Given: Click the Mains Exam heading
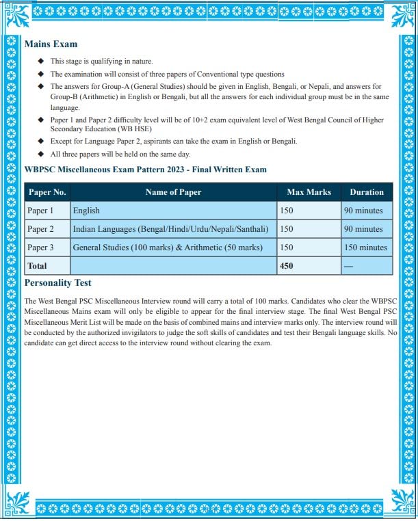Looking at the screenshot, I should [x=51, y=44].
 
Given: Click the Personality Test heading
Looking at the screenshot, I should [x=57, y=282].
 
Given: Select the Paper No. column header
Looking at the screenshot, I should [x=47, y=192].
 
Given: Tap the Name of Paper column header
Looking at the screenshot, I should [x=173, y=192].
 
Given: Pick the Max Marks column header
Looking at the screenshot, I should [x=309, y=192].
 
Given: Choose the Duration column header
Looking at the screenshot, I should [x=367, y=192].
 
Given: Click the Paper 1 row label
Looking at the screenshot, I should [x=40, y=211].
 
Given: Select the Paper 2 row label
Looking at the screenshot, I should [x=40, y=229].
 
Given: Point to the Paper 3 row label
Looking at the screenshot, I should [x=40, y=248].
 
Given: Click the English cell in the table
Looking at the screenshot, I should [x=86, y=211].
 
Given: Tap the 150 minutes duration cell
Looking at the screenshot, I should [x=365, y=248].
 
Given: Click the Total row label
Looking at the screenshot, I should [x=38, y=266].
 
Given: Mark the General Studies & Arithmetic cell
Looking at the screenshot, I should [x=168, y=248].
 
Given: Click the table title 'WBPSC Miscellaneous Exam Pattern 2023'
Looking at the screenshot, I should [x=145, y=170].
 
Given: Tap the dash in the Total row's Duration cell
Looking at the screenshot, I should [x=348, y=266].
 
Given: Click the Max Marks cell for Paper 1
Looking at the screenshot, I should [x=287, y=211].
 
